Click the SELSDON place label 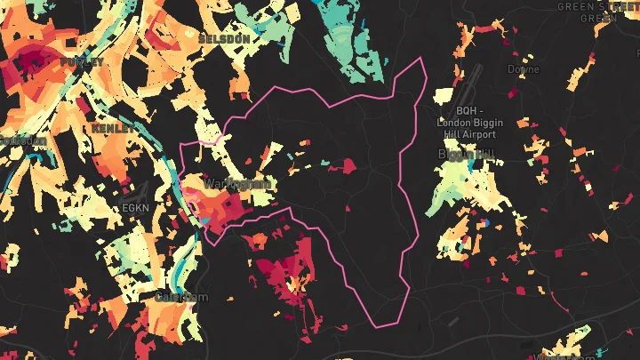coord(222,40)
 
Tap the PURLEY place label coord(82,62)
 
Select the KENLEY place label coord(113,129)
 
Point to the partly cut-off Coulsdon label coord(21,140)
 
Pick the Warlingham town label coord(235,183)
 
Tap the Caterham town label coord(182,297)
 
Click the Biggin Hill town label coord(466,154)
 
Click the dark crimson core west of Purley coord(34,60)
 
